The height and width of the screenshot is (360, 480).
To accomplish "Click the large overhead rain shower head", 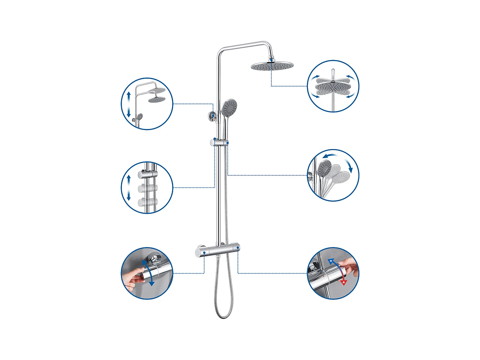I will pyautogui.click(x=272, y=66).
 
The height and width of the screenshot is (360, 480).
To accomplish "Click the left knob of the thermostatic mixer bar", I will pyautogui.click(x=201, y=251).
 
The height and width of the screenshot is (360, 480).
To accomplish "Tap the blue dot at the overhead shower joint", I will pyautogui.click(x=271, y=60).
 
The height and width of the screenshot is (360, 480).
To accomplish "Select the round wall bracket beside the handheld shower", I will pyautogui.click(x=212, y=116).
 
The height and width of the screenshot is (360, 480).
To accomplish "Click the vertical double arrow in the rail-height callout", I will pyautogui.click(x=129, y=104).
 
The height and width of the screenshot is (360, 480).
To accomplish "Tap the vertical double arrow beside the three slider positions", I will pyautogui.click(x=129, y=188).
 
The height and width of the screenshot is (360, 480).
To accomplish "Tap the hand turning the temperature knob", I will pyautogui.click(x=348, y=266).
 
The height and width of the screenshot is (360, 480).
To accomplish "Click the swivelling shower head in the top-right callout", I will pyautogui.click(x=333, y=87).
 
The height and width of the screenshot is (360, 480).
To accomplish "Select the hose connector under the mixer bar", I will pyautogui.click(x=218, y=257).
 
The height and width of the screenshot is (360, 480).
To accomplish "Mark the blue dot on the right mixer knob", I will pyautogui.click(x=238, y=248).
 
